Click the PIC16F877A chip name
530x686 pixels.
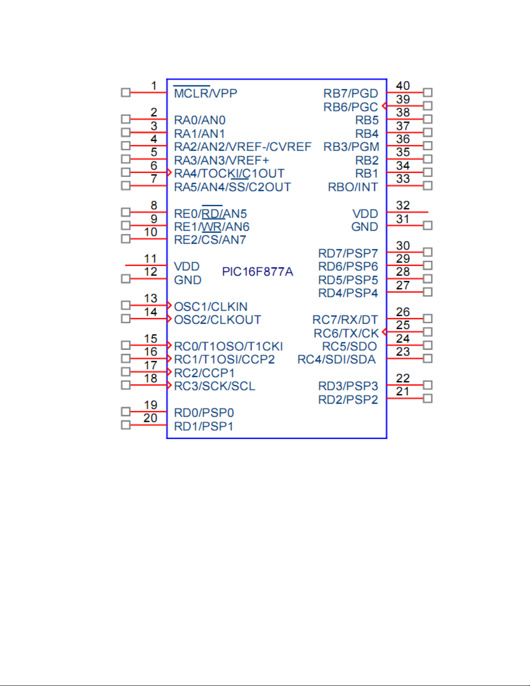pos(257,272)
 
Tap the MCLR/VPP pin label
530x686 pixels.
pos(206,93)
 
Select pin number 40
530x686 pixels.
pos(403,86)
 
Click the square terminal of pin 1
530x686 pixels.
pos(126,93)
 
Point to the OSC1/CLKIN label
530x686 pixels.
pos(211,306)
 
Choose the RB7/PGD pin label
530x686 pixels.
pos(350,93)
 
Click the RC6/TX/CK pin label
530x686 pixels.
pos(346,333)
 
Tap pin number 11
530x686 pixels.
pos(151,259)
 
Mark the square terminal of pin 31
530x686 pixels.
pos(427,225)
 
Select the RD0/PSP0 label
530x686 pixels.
pos(204,413)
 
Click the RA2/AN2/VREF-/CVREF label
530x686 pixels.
pos(242,147)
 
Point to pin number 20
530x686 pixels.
pos(150,418)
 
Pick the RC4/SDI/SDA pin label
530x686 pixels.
pos(337,360)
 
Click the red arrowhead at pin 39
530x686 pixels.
pos(385,106)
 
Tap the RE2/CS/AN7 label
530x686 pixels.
pos(210,240)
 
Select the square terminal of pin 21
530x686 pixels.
pos(427,398)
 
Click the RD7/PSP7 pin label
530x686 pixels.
pos(348,253)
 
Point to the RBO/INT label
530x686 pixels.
pos(353,187)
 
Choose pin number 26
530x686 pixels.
pos(403,312)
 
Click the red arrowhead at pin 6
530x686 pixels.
pos(169,173)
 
